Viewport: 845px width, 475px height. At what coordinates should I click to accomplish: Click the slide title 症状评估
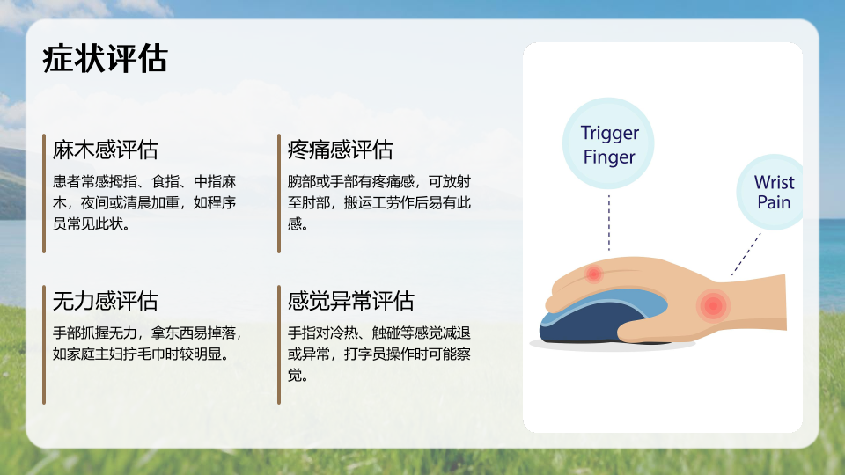pyautogui.click(x=105, y=58)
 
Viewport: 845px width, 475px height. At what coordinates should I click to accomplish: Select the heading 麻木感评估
pyautogui.click(x=105, y=150)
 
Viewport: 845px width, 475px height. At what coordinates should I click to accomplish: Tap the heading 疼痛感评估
pyautogui.click(x=340, y=150)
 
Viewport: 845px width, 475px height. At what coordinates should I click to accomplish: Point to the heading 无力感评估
pyautogui.click(x=105, y=301)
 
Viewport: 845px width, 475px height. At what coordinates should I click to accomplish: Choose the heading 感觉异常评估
pyautogui.click(x=351, y=301)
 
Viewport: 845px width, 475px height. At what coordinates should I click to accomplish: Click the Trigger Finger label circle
pyautogui.click(x=608, y=143)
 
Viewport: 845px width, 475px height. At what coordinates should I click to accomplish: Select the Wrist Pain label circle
pyautogui.click(x=772, y=193)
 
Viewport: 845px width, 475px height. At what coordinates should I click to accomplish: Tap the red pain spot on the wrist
pyautogui.click(x=713, y=305)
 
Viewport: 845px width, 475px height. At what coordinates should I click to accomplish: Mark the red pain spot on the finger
pyautogui.click(x=593, y=274)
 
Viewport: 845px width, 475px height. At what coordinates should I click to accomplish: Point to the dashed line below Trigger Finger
pyautogui.click(x=609, y=223)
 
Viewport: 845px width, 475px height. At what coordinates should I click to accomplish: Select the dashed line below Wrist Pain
pyautogui.click(x=746, y=254)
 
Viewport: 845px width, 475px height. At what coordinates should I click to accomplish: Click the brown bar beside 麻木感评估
pyautogui.click(x=44, y=194)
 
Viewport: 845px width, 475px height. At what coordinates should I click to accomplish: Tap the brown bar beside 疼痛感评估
pyautogui.click(x=279, y=194)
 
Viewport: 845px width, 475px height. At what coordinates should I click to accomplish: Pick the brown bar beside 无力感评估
pyautogui.click(x=44, y=345)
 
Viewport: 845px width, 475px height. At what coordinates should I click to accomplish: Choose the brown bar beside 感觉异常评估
pyautogui.click(x=279, y=345)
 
